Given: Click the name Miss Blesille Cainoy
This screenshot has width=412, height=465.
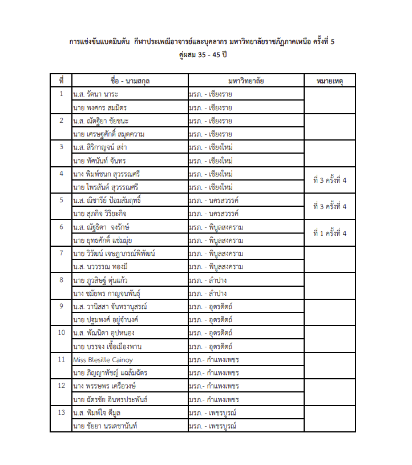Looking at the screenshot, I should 103,360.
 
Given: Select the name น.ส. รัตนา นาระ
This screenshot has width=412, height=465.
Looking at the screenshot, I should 96,94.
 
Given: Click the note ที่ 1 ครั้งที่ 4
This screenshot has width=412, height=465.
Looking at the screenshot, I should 330,233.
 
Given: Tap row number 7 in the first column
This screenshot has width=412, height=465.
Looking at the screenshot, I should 61,253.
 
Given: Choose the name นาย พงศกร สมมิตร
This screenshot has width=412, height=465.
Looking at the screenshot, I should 100,108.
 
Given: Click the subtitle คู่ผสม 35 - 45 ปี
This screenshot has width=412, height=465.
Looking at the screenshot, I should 205,55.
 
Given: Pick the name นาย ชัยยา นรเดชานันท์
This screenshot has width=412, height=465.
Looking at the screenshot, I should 106,426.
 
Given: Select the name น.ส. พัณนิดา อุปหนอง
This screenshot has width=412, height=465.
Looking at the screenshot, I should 104,333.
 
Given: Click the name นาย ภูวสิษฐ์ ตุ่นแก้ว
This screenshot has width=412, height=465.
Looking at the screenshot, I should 103,280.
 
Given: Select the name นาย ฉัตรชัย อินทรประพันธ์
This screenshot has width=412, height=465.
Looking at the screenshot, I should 110,399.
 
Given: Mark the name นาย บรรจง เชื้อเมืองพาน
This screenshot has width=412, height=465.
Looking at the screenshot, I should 107,347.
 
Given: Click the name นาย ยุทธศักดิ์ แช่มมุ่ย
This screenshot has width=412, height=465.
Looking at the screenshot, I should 103,240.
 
